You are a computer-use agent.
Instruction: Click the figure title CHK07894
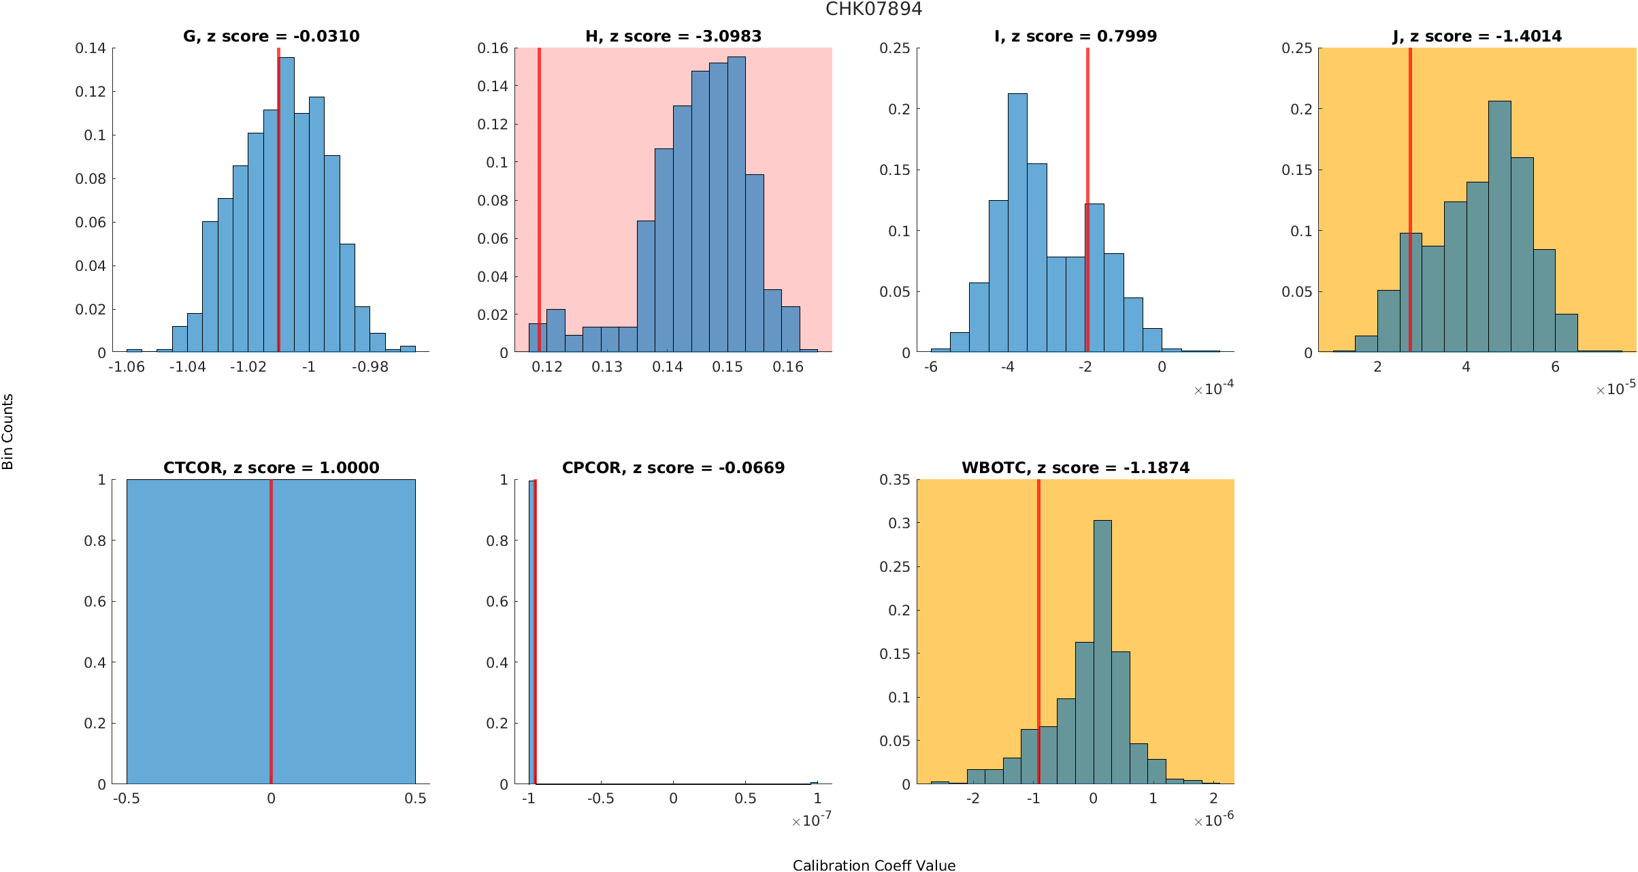click(874, 9)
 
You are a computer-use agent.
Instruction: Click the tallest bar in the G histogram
click(287, 204)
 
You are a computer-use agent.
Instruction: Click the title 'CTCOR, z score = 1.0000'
click(271, 468)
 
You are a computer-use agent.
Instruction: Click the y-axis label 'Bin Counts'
click(8, 432)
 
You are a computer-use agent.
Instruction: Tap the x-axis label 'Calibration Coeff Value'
click(874, 865)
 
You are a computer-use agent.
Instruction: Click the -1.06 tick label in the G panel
click(127, 367)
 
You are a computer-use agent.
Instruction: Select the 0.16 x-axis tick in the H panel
click(787, 367)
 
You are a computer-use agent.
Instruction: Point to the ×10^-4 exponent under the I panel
click(1213, 389)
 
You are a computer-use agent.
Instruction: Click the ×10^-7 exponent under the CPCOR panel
click(811, 820)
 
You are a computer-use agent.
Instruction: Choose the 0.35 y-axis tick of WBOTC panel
click(894, 480)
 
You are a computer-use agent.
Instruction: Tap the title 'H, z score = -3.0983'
click(673, 36)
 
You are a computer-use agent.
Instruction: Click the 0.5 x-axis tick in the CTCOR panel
click(415, 798)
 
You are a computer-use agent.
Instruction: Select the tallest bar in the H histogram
click(736, 204)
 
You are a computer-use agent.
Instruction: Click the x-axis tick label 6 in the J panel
click(1555, 367)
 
